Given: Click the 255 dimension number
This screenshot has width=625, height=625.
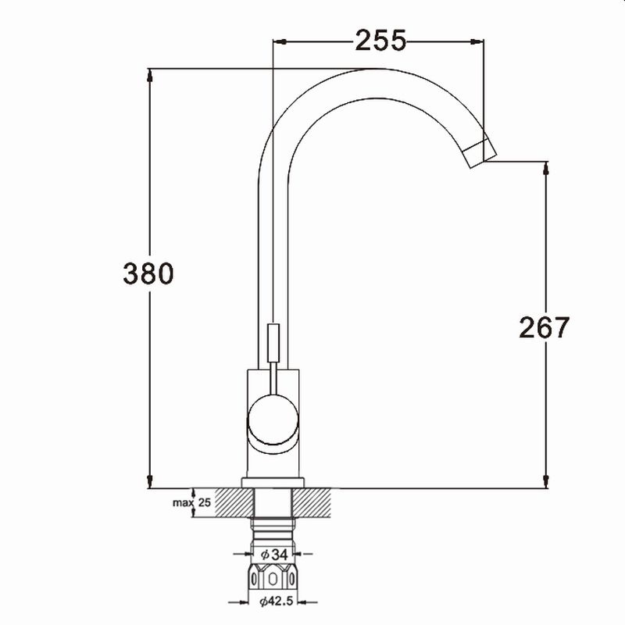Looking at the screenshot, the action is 380,41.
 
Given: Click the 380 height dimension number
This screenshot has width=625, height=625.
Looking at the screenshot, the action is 148,273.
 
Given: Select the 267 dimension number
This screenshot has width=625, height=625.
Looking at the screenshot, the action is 545,327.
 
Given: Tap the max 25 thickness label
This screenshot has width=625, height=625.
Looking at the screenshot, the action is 191,502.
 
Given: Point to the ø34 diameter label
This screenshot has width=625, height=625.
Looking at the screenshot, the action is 274,555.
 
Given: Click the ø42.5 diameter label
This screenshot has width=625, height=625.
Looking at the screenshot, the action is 277,601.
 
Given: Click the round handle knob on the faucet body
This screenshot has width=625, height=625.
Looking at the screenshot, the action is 273,420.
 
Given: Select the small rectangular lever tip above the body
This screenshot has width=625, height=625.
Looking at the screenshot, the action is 273,343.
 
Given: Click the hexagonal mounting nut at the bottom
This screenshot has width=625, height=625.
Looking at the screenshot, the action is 273,577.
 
